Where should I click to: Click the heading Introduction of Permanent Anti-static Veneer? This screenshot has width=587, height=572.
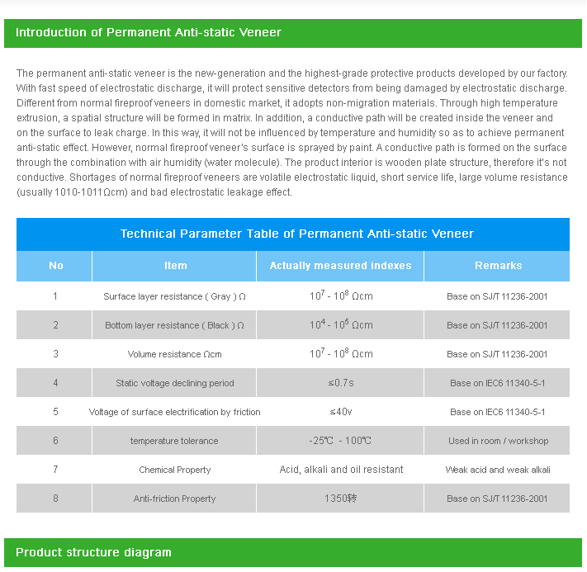click(x=149, y=33)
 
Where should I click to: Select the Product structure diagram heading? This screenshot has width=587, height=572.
click(x=93, y=552)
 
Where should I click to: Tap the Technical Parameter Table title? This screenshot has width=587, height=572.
click(x=297, y=234)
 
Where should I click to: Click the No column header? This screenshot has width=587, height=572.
click(x=55, y=266)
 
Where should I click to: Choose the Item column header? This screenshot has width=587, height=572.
click(x=175, y=266)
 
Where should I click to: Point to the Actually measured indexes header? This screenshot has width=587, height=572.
click(x=340, y=266)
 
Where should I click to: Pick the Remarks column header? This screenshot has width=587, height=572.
click(x=498, y=266)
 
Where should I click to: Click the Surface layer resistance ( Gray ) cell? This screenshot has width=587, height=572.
click(x=174, y=296)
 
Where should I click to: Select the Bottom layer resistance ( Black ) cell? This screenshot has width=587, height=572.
click(x=174, y=325)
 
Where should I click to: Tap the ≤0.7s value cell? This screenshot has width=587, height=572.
click(x=340, y=383)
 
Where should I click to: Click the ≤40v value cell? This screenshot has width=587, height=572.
click(x=340, y=412)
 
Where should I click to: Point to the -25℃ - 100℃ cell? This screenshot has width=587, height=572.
click(x=340, y=441)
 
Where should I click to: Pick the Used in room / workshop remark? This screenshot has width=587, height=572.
click(x=498, y=441)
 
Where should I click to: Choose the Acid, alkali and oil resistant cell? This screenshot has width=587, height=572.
click(x=341, y=470)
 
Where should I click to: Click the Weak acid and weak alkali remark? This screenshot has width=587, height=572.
click(x=498, y=470)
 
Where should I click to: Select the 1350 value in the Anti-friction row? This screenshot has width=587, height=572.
click(x=340, y=499)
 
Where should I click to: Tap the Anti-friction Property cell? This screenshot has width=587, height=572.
click(x=174, y=499)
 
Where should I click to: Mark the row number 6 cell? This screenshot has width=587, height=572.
click(x=55, y=441)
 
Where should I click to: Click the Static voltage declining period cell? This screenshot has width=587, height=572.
click(x=174, y=383)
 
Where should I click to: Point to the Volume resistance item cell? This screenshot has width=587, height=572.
click(x=174, y=354)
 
